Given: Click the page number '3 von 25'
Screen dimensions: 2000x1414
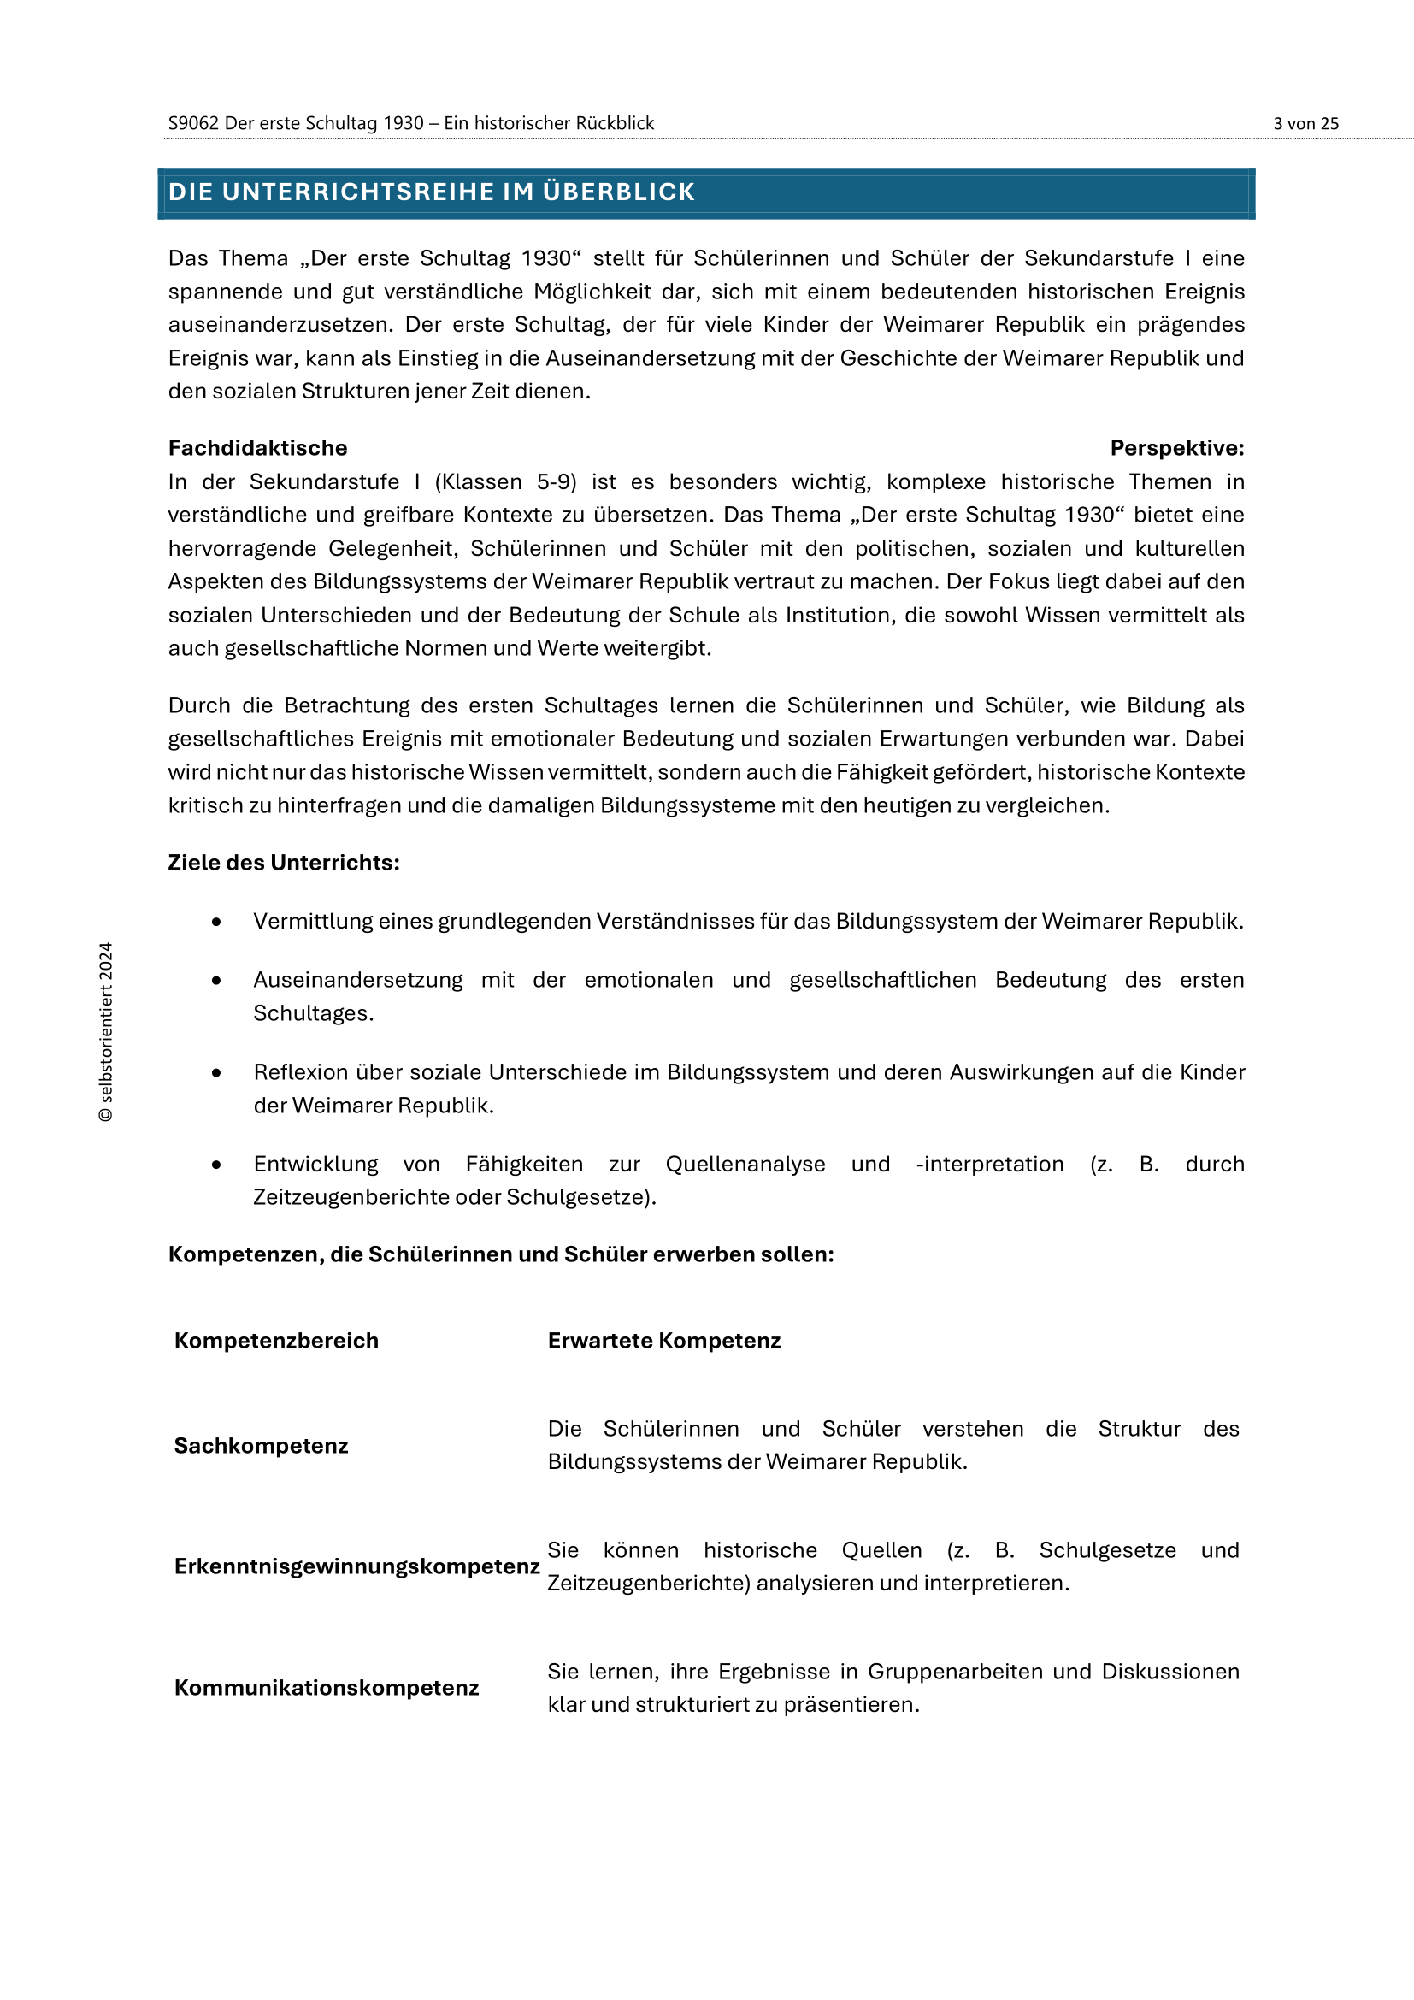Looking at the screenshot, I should coord(1305,124).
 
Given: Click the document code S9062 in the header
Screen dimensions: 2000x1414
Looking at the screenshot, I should coord(193,124).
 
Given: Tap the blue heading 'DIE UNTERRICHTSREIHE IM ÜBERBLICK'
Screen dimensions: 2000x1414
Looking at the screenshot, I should coord(431,192).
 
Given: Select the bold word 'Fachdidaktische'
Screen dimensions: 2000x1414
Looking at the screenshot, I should coord(257,448).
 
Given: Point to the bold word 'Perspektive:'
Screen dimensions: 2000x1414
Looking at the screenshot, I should coord(1176,448).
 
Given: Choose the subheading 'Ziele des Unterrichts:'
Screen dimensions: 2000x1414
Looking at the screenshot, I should coord(284,863).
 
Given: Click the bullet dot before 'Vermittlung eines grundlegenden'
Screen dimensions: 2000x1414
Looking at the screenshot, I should coord(216,922).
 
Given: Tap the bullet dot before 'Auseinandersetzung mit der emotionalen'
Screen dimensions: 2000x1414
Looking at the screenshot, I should coord(216,981).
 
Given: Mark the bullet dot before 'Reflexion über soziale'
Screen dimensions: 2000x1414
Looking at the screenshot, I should coord(216,1073).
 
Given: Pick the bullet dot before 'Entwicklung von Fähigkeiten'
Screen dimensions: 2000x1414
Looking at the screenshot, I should coord(216,1165).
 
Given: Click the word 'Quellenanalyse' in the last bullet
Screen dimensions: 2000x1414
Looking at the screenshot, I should coord(745,1165).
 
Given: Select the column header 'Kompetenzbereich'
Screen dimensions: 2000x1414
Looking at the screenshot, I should coord(276,1341).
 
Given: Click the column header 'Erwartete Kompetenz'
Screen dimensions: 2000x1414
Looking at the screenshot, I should coord(663,1341).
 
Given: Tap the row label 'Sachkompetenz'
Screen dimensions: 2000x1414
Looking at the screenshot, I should coord(262,1446).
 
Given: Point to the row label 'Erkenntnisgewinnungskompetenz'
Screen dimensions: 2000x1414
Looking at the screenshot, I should coord(357,1566).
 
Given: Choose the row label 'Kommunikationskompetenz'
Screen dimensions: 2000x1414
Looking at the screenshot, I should coord(327,1687).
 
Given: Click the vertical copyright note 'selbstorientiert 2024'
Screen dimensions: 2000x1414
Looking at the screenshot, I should coord(106,1032).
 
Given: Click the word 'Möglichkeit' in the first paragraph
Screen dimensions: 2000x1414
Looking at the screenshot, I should coord(592,292).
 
